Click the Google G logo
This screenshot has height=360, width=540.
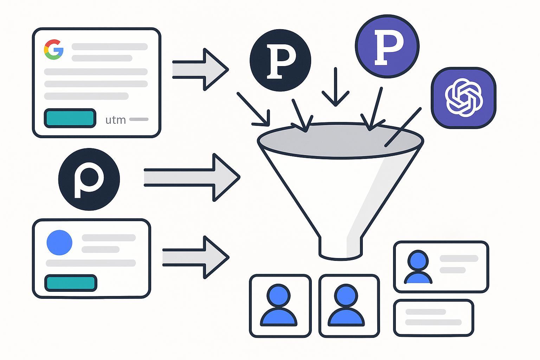click(53, 49)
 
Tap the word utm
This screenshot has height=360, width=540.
click(116, 120)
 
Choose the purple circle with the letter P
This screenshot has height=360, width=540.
click(387, 46)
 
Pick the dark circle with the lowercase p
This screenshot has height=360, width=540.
click(89, 179)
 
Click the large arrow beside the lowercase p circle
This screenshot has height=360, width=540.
click(192, 177)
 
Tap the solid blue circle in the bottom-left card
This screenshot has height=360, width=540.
click(59, 243)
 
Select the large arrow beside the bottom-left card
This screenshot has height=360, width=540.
click(195, 257)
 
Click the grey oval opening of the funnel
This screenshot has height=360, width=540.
click(340, 141)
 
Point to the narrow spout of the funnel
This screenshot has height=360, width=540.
click(340, 248)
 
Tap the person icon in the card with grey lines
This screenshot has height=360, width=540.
click(418, 267)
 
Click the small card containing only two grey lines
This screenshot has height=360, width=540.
click(433, 317)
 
